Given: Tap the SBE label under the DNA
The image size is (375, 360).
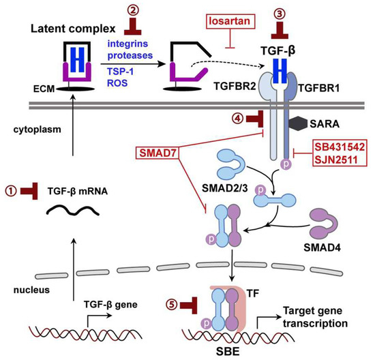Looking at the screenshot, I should (218, 347).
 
